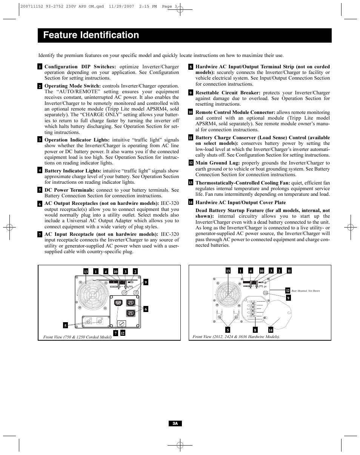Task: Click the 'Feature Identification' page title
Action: (x=91, y=35)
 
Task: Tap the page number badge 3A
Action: (x=175, y=424)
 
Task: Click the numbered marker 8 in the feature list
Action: (x=191, y=67)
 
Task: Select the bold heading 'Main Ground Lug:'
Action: (x=217, y=163)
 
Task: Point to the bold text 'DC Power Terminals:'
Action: (x=69, y=190)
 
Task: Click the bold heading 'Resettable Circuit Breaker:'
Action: (x=228, y=93)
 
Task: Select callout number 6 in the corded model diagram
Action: (x=145, y=309)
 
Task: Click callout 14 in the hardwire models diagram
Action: (x=271, y=330)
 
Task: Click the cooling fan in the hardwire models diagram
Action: (x=228, y=293)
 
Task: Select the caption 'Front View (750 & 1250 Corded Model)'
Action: (x=77, y=337)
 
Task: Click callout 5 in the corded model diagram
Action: (x=66, y=325)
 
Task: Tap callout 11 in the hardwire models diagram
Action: (x=289, y=271)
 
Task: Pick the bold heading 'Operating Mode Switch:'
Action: (x=72, y=86)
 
